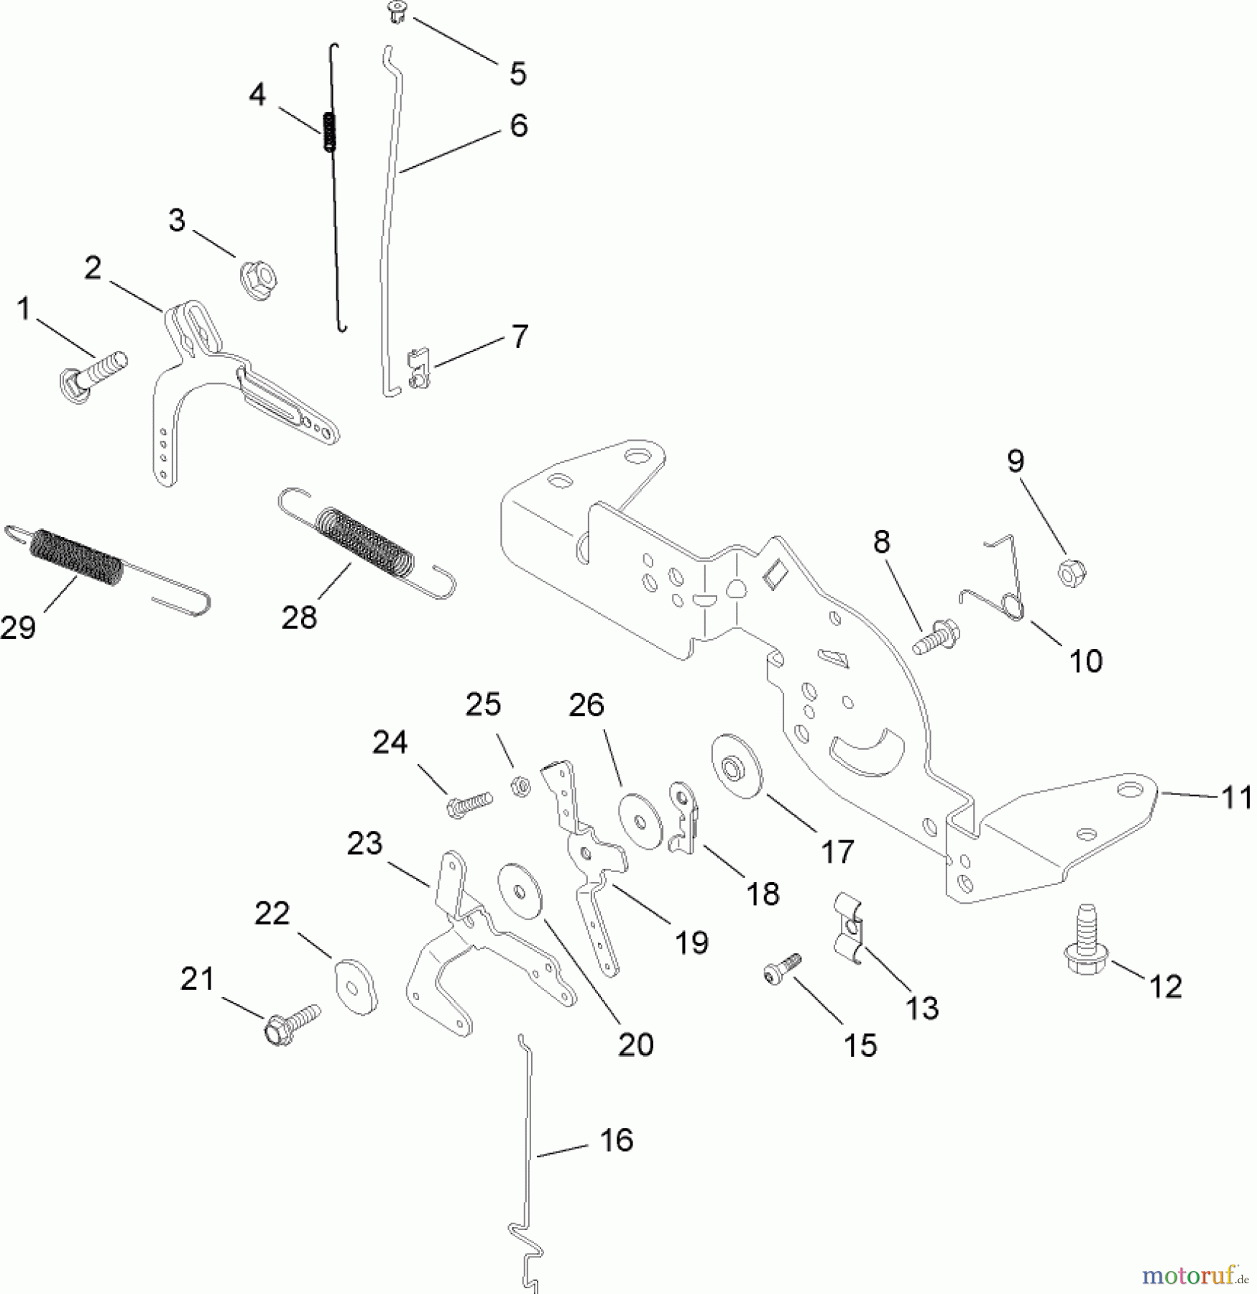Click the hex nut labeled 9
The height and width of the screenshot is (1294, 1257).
click(1071, 572)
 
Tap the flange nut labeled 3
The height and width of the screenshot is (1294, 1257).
click(259, 280)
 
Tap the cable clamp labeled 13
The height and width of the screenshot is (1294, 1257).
click(849, 927)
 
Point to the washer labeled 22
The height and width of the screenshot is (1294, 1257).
click(355, 986)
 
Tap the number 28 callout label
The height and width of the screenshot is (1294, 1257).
click(299, 617)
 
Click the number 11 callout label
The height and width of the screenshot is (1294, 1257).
click(1236, 798)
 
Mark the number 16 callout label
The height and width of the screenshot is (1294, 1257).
click(616, 1140)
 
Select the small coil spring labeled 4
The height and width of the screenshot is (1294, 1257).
click(330, 132)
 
